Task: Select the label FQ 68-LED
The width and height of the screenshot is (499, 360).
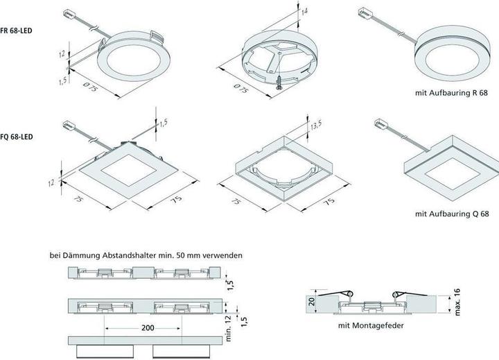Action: tap(18, 137)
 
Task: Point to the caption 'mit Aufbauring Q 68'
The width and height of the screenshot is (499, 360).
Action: tap(452, 214)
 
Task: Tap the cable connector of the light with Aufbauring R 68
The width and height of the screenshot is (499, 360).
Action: tap(364, 12)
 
